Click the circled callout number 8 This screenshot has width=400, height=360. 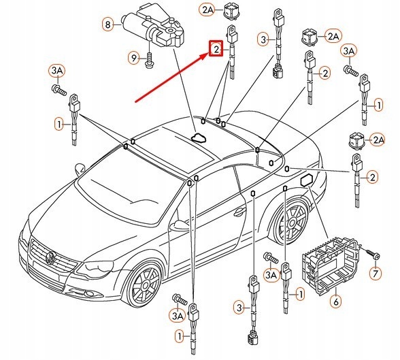click(108, 24)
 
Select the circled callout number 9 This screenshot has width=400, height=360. click(134, 58)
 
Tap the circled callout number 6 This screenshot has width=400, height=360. click(336, 301)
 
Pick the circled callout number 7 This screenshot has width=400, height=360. click(376, 274)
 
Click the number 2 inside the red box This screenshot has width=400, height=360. click(216, 49)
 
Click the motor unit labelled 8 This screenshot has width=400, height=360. click(154, 27)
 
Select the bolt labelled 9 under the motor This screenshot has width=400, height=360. click(149, 60)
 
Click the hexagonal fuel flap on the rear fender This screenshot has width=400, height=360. click(307, 180)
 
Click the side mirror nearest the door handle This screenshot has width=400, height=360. click(180, 225)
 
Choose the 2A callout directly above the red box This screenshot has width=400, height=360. click(207, 10)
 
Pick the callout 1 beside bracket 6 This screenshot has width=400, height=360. click(301, 295)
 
